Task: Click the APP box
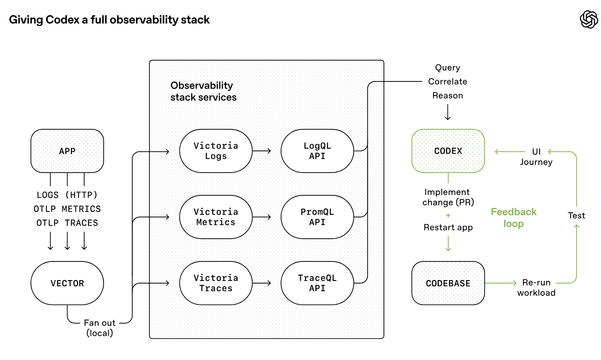click(x=67, y=151)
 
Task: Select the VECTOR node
click(x=67, y=283)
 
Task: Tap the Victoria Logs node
click(x=216, y=151)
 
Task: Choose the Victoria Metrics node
click(x=216, y=217)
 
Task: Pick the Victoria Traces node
click(x=216, y=283)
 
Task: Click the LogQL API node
click(x=317, y=151)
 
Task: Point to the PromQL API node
click(x=317, y=217)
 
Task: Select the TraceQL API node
click(x=317, y=283)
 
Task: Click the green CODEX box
click(x=448, y=151)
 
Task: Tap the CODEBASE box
click(x=448, y=283)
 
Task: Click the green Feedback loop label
click(x=513, y=218)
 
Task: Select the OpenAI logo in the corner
click(x=588, y=19)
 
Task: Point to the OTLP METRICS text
click(x=67, y=209)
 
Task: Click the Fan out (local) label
click(x=99, y=328)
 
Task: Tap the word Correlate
click(x=448, y=81)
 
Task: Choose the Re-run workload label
click(x=536, y=288)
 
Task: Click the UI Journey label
click(x=536, y=157)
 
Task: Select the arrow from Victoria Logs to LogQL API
click(x=262, y=151)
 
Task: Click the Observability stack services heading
click(x=203, y=91)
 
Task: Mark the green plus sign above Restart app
click(x=448, y=215)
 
